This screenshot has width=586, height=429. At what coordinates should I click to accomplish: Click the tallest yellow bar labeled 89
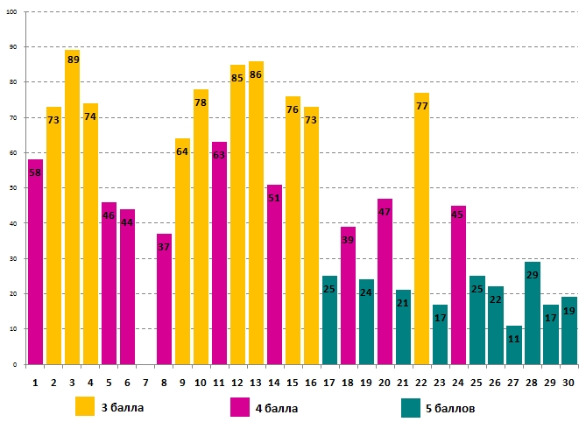72,210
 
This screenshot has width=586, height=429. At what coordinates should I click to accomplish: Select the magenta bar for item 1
35,263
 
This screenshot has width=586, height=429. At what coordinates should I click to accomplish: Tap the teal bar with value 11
513,346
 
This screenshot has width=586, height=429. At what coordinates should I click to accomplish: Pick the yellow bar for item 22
421,228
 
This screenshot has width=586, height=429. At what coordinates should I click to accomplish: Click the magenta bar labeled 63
219,254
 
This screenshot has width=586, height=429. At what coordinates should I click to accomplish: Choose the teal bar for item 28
532,315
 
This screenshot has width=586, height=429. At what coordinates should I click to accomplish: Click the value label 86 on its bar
256,75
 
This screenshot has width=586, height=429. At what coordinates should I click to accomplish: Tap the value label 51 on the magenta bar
274,198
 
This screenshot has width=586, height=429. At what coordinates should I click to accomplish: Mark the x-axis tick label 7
145,381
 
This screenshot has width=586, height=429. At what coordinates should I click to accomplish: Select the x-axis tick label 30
568,381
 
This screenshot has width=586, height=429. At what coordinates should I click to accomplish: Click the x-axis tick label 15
293,381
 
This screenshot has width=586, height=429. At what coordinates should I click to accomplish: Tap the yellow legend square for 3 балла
85,407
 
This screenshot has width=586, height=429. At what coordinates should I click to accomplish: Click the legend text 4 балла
275,408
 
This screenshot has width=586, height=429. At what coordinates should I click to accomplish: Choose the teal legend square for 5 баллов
411,407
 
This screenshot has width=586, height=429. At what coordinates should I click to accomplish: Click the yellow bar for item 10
201,228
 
